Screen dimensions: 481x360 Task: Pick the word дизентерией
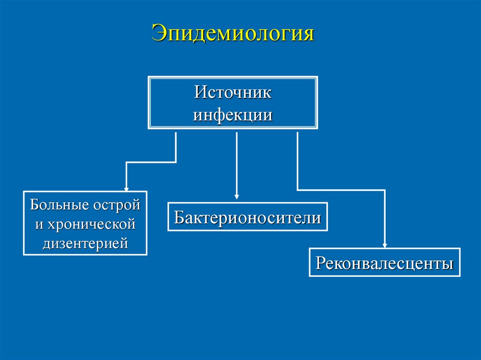(x=85, y=244)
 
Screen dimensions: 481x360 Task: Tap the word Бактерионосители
(x=248, y=217)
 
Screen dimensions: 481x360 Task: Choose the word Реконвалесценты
(x=385, y=263)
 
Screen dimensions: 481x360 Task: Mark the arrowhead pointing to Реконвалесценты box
(x=385, y=245)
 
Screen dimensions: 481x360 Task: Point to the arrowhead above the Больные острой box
(x=126, y=187)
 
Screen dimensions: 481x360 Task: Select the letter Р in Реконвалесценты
(x=320, y=263)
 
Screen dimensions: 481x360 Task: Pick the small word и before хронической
(x=39, y=225)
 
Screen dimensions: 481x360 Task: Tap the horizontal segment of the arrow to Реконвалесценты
(x=341, y=190)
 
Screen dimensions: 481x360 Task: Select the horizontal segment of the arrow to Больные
(x=151, y=162)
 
